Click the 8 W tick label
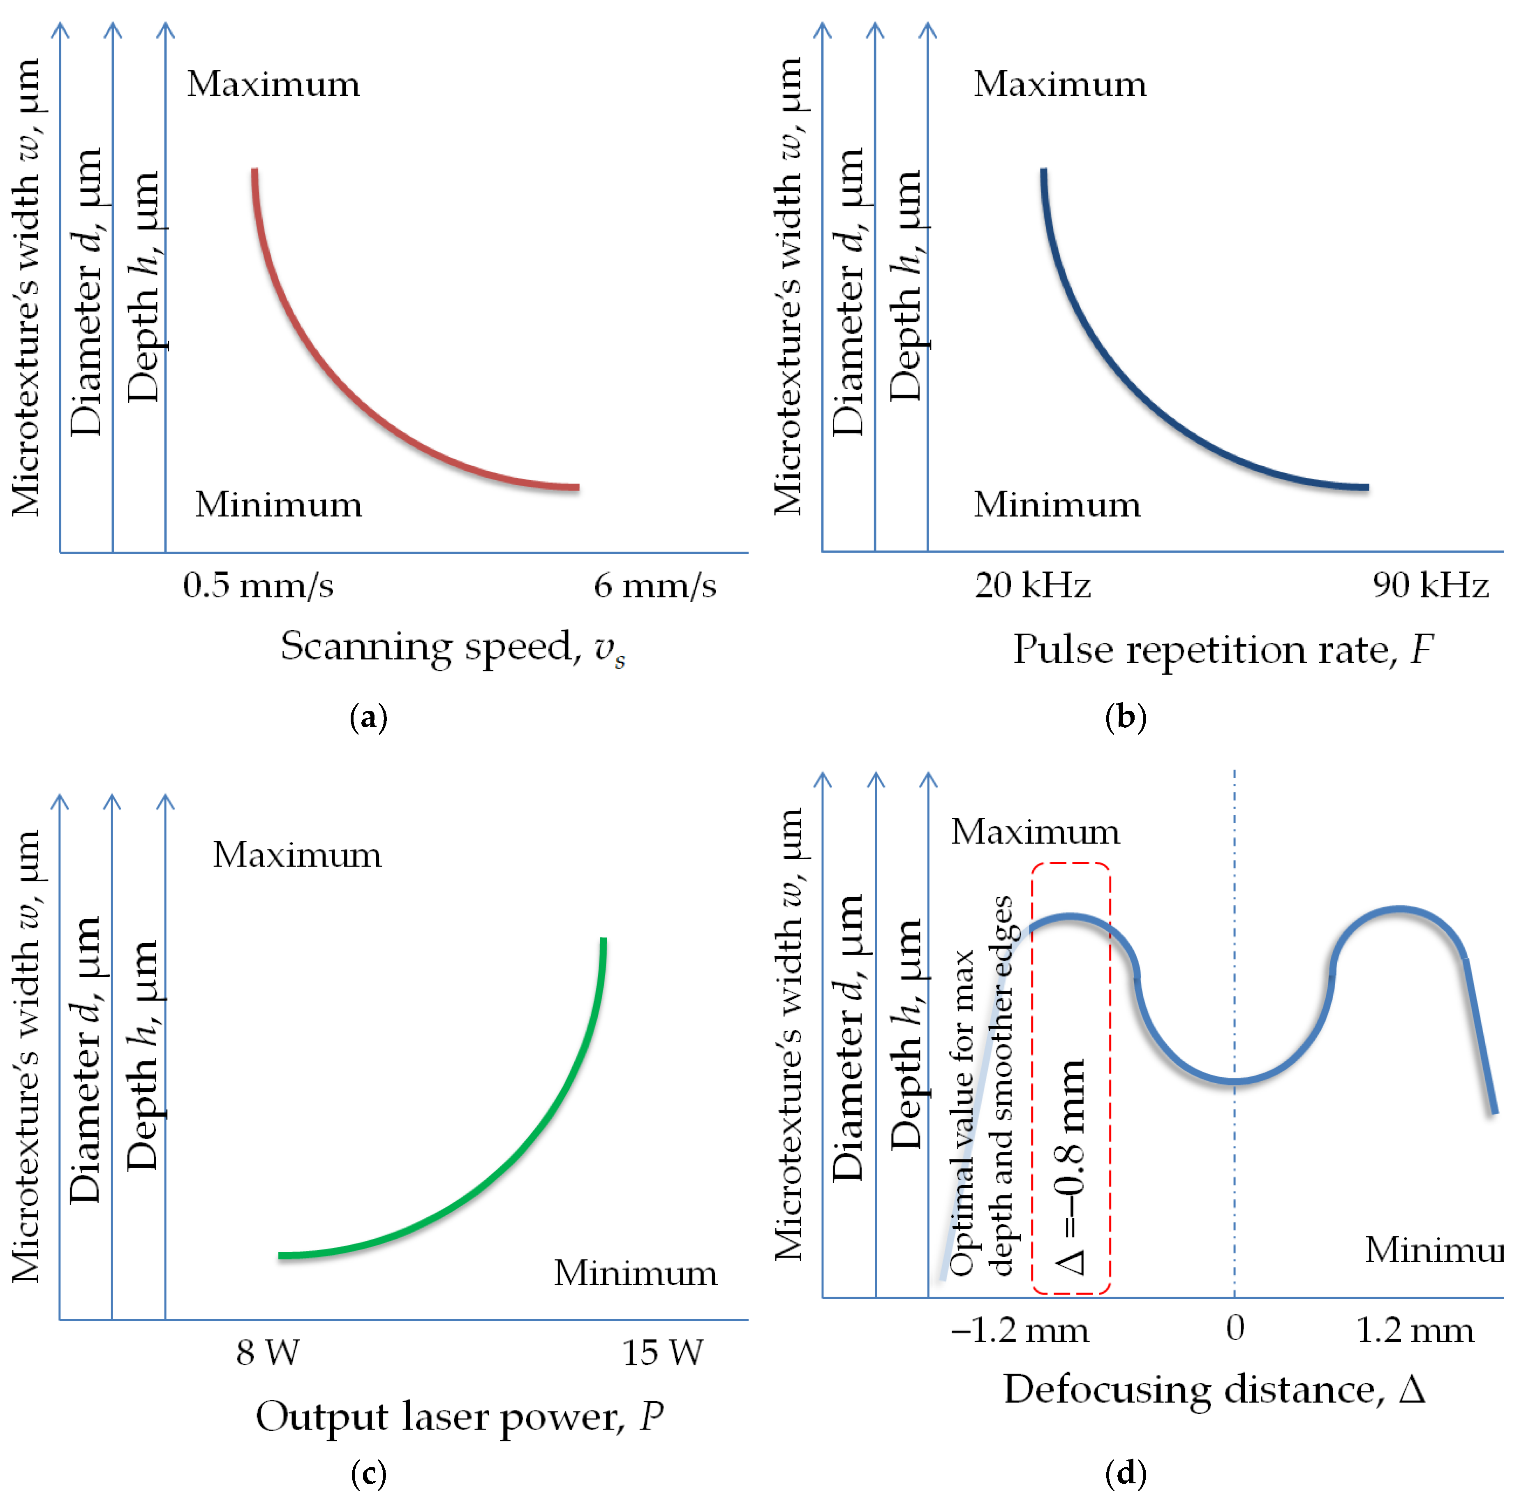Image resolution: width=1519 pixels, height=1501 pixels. (267, 1353)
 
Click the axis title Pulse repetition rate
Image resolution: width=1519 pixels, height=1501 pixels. (1223, 650)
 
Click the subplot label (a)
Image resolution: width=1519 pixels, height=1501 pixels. (368, 717)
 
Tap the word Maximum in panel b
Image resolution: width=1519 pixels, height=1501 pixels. (1060, 84)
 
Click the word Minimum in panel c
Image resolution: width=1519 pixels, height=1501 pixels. (635, 1273)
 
